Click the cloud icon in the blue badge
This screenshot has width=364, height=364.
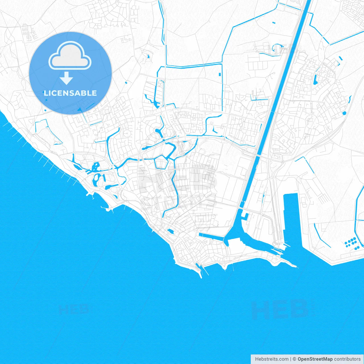(x=70, y=55)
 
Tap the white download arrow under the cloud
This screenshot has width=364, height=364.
(x=67, y=78)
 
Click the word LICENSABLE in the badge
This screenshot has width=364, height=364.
(x=70, y=93)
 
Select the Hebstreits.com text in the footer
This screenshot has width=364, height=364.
(x=272, y=359)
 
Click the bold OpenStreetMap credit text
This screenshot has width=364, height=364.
(x=315, y=359)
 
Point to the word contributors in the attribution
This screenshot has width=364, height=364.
(x=347, y=359)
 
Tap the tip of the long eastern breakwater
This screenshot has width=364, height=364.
(x=296, y=266)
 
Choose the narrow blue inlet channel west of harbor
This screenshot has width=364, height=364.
(x=210, y=235)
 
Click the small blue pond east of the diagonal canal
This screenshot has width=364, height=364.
(x=315, y=81)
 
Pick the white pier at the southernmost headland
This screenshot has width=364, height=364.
(x=201, y=274)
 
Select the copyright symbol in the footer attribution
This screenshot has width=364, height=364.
(x=294, y=359)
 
